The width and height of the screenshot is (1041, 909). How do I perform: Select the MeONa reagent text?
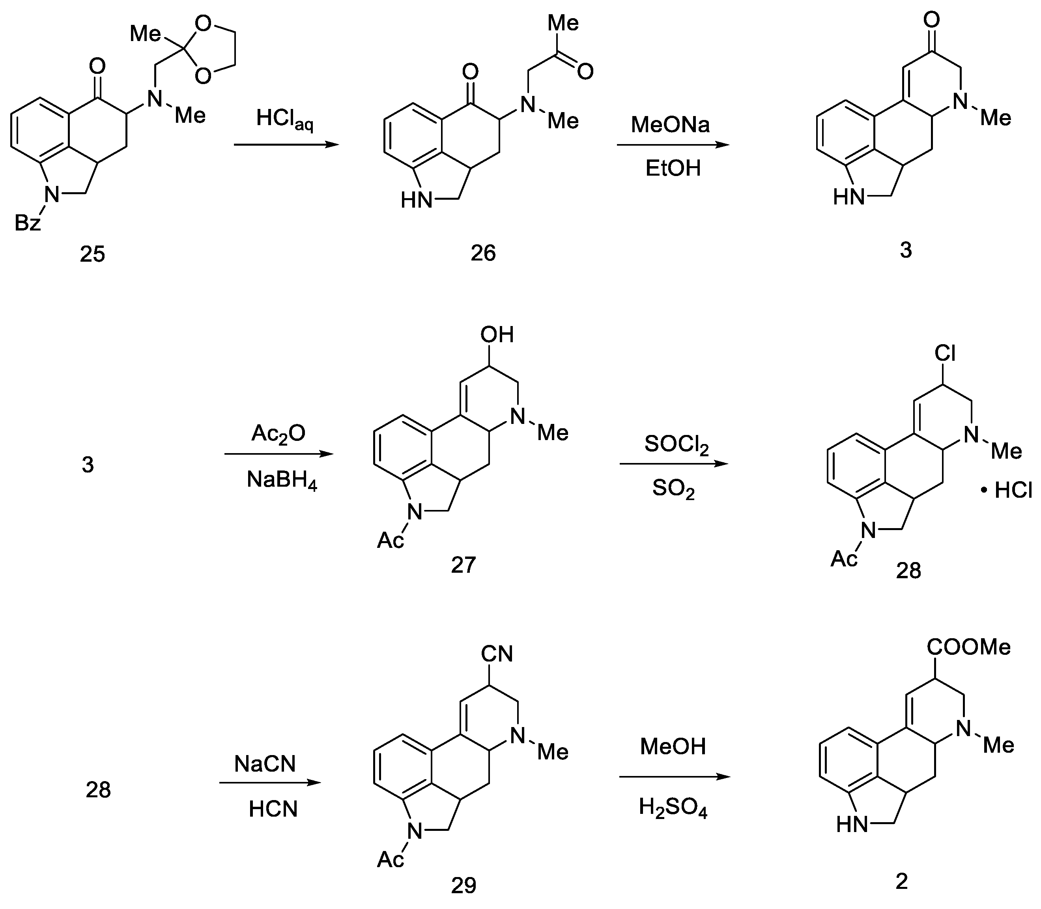pyautogui.click(x=670, y=125)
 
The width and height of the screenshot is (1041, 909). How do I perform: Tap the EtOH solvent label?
pyautogui.click(x=673, y=168)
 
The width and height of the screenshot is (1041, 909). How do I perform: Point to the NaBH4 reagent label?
pyautogui.click(x=282, y=479)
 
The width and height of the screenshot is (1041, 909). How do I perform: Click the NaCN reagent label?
pyautogui.click(x=265, y=763)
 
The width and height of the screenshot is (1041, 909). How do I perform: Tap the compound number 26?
pyautogui.click(x=482, y=253)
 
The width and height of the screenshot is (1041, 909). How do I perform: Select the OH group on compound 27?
pyautogui.click(x=497, y=335)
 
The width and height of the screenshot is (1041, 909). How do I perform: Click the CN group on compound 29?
pyautogui.click(x=497, y=654)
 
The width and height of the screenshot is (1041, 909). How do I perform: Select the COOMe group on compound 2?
pyautogui.click(x=968, y=647)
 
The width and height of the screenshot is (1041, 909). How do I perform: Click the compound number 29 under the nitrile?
pyautogui.click(x=463, y=885)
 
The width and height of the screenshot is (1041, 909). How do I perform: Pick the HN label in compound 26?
pyautogui.click(x=417, y=201)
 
